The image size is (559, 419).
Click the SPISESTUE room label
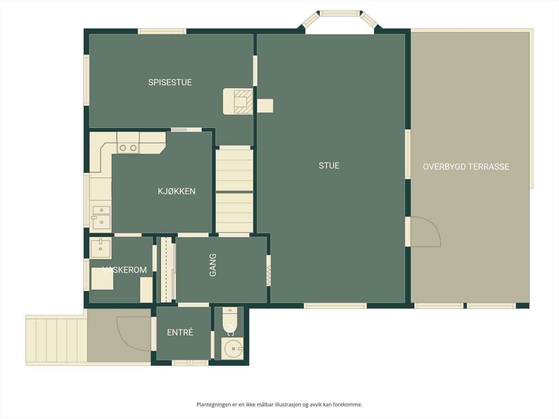170,82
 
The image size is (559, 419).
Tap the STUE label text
329,166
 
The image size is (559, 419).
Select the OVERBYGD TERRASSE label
466,167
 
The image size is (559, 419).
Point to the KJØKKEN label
176,191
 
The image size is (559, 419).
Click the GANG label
213,265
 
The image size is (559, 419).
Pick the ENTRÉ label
180,332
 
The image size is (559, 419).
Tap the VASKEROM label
124,270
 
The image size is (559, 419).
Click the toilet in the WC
230,321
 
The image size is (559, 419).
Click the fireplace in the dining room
238,102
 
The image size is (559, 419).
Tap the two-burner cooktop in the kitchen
128,148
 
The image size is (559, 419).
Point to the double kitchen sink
101,218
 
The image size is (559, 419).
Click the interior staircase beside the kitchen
234,191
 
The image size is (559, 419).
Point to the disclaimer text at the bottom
279,404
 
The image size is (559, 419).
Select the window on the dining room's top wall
162,31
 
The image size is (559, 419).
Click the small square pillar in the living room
265,106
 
